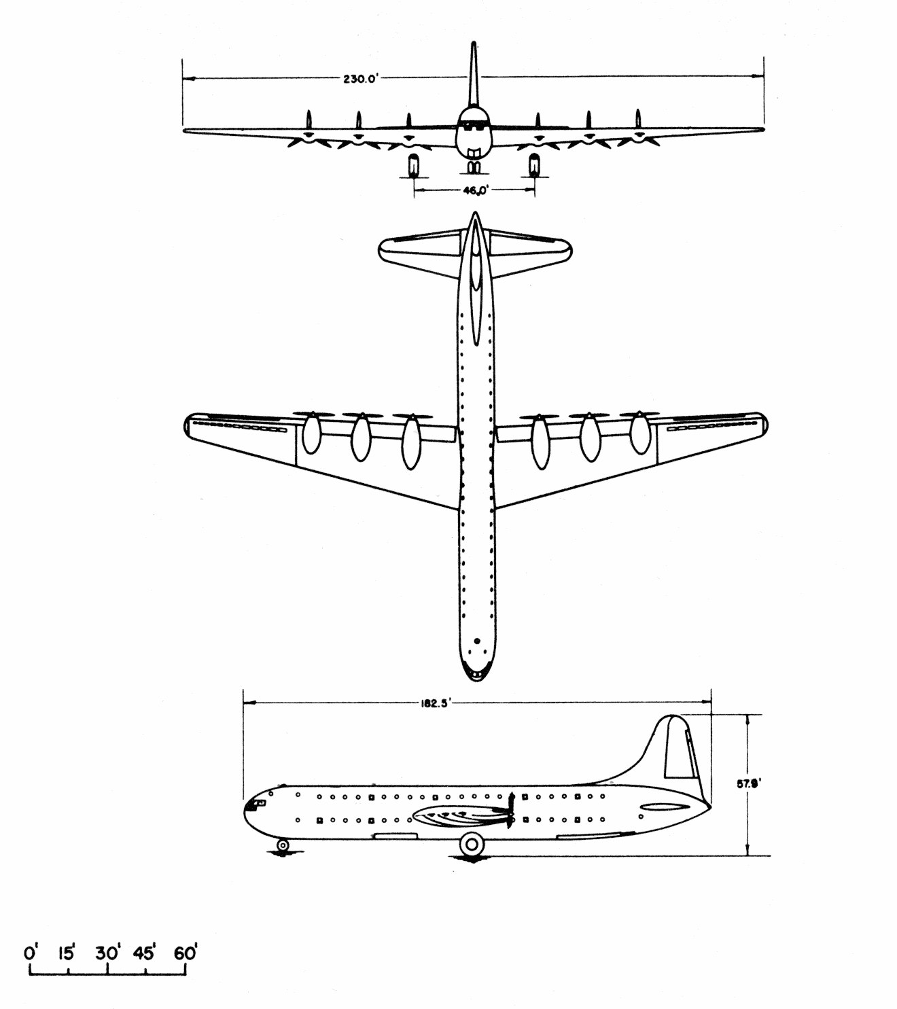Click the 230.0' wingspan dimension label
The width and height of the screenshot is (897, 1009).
[362, 79]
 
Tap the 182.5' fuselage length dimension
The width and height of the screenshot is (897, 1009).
[435, 704]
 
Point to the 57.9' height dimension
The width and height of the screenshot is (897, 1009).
[749, 783]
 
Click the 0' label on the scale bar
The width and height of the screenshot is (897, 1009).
[31, 953]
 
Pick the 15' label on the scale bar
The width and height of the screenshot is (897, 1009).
[66, 953]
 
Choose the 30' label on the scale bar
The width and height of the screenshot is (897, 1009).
[107, 953]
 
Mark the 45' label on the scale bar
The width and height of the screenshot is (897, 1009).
[145, 953]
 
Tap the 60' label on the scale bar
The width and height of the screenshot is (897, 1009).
[186, 953]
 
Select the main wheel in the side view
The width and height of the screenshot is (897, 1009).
[472, 844]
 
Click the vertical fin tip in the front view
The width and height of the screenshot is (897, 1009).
[474, 43]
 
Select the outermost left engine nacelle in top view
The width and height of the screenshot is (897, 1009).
[313, 433]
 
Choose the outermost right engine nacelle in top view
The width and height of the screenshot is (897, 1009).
[640, 433]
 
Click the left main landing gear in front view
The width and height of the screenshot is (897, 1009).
[413, 166]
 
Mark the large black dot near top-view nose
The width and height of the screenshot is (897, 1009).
[477, 641]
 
